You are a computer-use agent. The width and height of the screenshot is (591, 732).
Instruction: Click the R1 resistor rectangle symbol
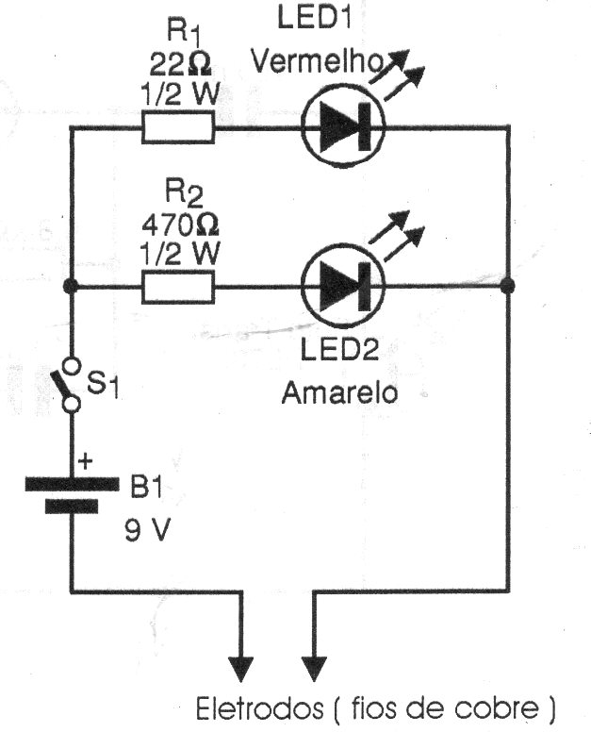pyautogui.click(x=179, y=127)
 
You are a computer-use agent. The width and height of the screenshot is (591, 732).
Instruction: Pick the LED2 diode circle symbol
pyautogui.click(x=340, y=284)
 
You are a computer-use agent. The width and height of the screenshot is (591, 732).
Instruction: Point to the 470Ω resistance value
pyautogui.click(x=179, y=226)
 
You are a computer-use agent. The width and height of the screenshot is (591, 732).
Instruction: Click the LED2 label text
pyautogui.click(x=340, y=352)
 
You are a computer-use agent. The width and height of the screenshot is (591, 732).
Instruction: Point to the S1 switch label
pyautogui.click(x=104, y=385)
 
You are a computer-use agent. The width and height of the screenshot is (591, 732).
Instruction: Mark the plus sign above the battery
pyautogui.click(x=86, y=461)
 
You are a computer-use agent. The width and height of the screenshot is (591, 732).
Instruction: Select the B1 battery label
pyautogui.click(x=147, y=488)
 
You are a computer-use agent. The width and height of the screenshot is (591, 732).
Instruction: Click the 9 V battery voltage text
pyautogui.click(x=147, y=531)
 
